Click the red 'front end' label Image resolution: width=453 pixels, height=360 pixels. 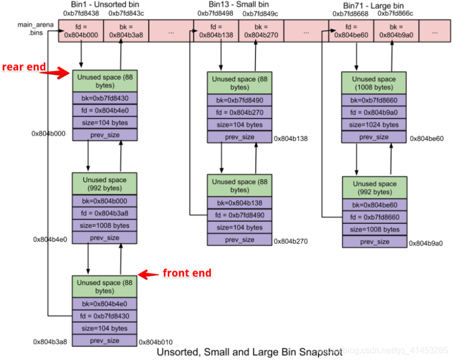click(187, 273)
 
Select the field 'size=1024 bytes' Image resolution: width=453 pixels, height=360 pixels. click(374, 125)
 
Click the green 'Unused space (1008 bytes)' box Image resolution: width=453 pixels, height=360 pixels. click(374, 83)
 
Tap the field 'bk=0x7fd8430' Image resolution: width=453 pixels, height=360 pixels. click(105, 98)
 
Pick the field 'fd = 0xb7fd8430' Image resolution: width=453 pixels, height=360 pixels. click(105, 316)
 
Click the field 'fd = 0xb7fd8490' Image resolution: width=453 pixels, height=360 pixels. click(239, 215)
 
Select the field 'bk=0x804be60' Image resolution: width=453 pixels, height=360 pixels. click(374, 205)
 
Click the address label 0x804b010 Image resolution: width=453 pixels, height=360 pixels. click(156, 342)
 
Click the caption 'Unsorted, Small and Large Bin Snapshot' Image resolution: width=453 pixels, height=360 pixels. click(249, 353)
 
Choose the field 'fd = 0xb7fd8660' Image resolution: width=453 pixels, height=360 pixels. click(374, 217)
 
